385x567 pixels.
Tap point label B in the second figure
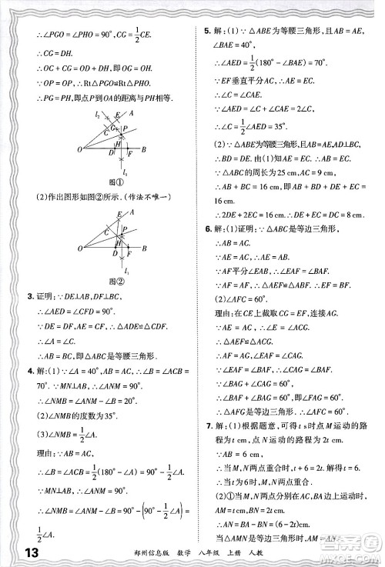[x=144, y=248]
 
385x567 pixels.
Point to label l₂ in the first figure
[x=99, y=114]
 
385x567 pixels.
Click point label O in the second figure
[x=79, y=248]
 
